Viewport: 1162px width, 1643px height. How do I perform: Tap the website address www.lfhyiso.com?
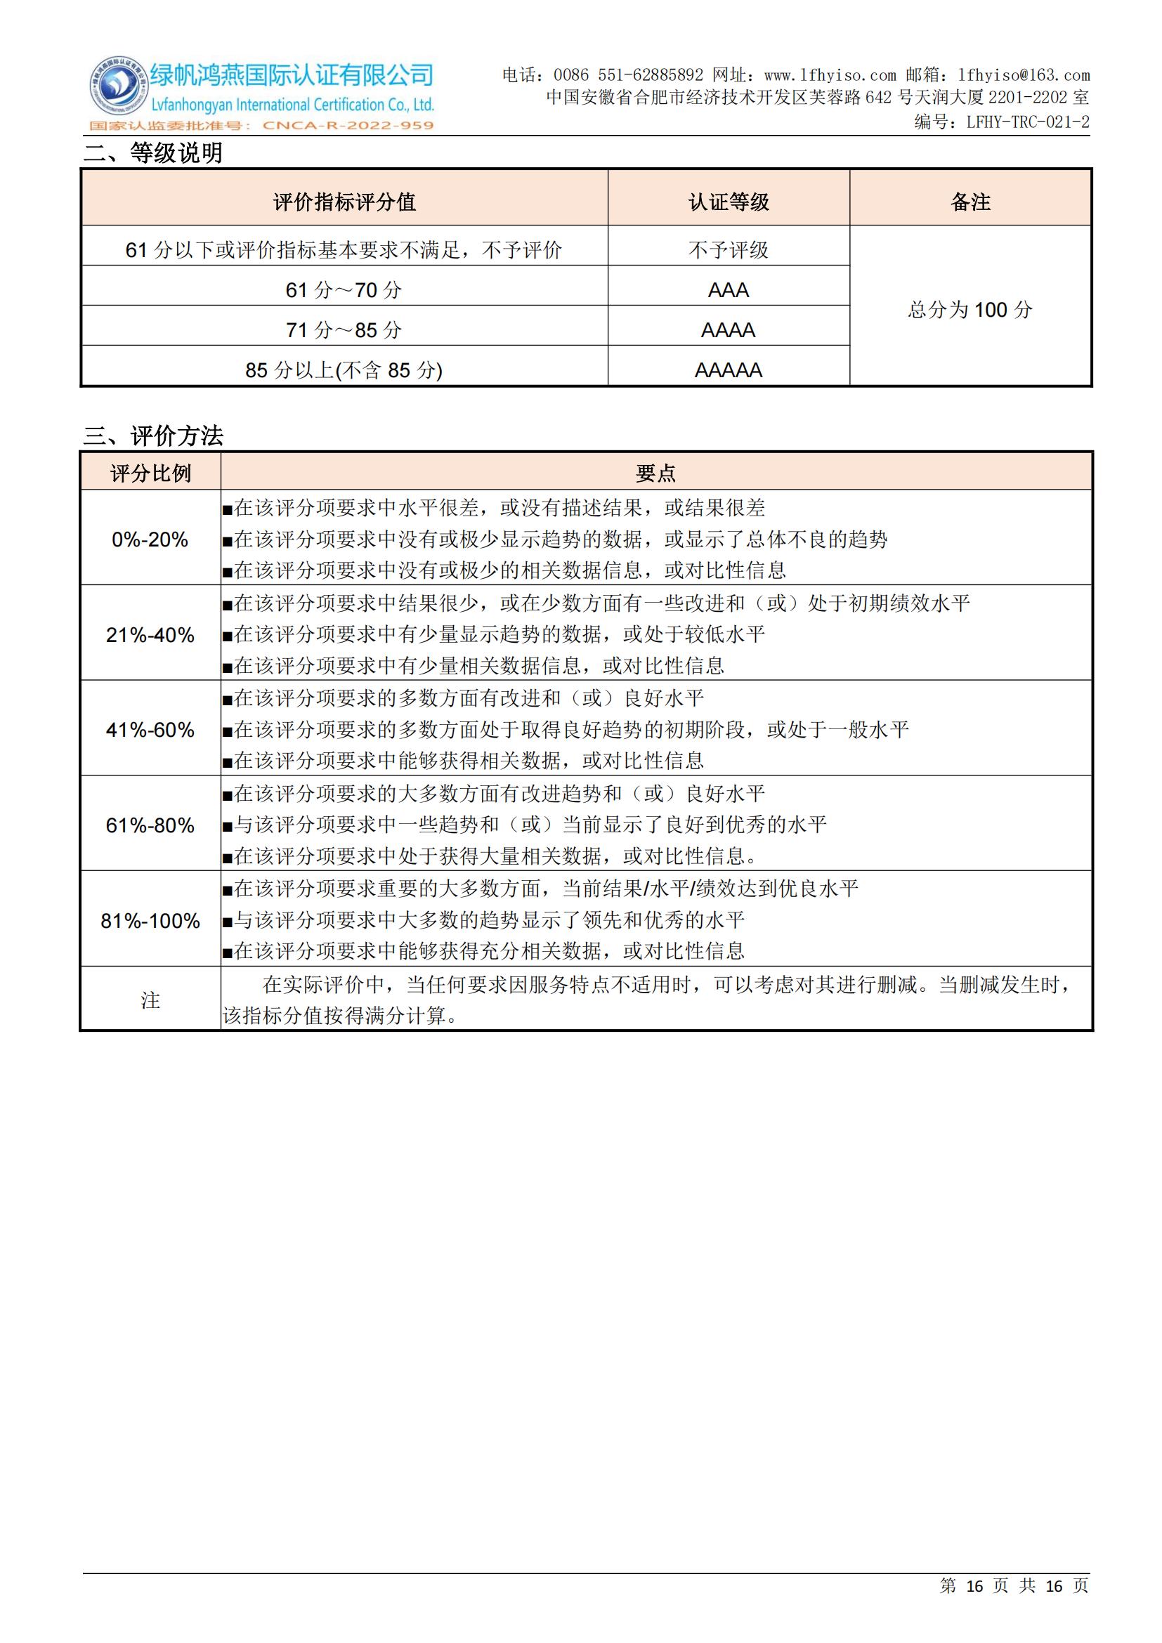(x=830, y=75)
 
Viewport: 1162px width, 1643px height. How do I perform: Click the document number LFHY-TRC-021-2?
(x=1028, y=122)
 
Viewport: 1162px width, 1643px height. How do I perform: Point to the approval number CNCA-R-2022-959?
(x=348, y=126)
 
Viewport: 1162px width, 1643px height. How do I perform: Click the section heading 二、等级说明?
(x=153, y=153)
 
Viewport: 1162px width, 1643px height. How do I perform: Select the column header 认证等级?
(x=729, y=202)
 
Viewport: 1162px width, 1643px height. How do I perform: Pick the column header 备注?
(x=970, y=202)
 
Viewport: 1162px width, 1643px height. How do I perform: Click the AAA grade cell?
(x=729, y=290)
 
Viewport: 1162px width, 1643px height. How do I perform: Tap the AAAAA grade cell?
(x=729, y=370)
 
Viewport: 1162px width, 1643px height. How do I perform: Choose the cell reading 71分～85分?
(x=344, y=330)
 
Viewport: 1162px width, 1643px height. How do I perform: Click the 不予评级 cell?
(x=729, y=250)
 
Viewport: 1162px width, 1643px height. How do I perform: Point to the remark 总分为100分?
(x=970, y=310)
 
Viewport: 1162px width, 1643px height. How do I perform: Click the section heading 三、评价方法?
(x=153, y=436)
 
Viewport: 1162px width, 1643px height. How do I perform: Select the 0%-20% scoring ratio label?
(x=150, y=539)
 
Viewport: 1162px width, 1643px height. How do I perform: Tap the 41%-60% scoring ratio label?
(x=150, y=730)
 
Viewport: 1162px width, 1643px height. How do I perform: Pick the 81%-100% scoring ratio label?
(x=150, y=921)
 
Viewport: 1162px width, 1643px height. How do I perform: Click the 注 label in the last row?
(x=150, y=1000)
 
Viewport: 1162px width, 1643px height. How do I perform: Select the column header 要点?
(x=655, y=473)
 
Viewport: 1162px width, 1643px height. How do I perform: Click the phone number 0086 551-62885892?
(x=628, y=75)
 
